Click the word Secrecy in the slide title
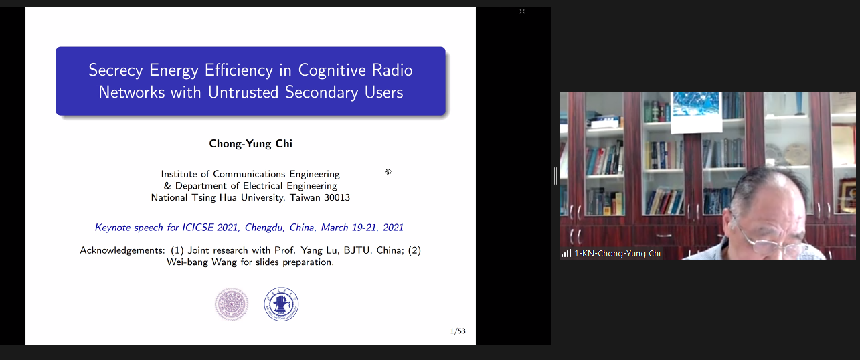click(116, 70)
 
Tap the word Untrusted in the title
click(243, 92)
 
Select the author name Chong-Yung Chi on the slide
click(250, 144)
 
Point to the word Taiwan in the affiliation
click(305, 197)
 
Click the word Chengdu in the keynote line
click(264, 228)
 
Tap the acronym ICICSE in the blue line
click(197, 228)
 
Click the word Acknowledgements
click(122, 251)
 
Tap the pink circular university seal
click(232, 304)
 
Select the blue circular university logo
click(281, 304)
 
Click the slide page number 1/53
click(458, 331)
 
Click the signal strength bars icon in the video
click(566, 254)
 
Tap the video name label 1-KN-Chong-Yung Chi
click(617, 254)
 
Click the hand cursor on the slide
click(389, 172)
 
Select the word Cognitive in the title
click(332, 70)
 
